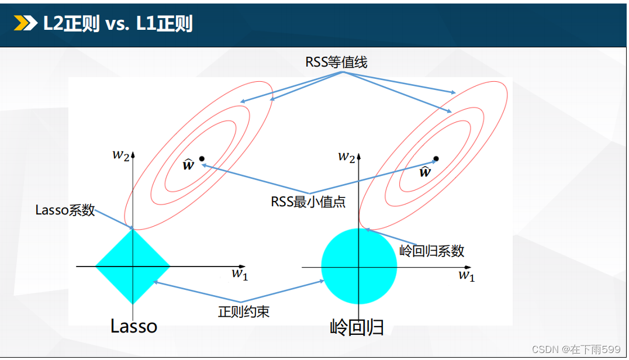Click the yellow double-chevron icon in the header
[26, 23]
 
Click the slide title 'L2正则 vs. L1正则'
[118, 23]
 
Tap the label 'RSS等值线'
[336, 62]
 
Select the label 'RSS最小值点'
[308, 202]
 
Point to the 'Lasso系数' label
[65, 210]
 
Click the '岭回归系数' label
[431, 251]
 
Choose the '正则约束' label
[244, 311]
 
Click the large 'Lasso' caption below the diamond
[134, 326]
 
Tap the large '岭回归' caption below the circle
[357, 327]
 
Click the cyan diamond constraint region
[133, 266]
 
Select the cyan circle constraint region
[359, 266]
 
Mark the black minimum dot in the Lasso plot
[202, 159]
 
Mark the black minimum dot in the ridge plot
[436, 159]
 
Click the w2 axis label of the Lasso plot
[121, 155]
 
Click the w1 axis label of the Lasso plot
[240, 274]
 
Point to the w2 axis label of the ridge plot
[347, 157]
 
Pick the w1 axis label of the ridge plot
[466, 276]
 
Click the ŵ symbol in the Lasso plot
[189, 164]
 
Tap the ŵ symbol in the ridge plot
[425, 171]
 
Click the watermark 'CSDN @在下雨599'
[576, 349]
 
